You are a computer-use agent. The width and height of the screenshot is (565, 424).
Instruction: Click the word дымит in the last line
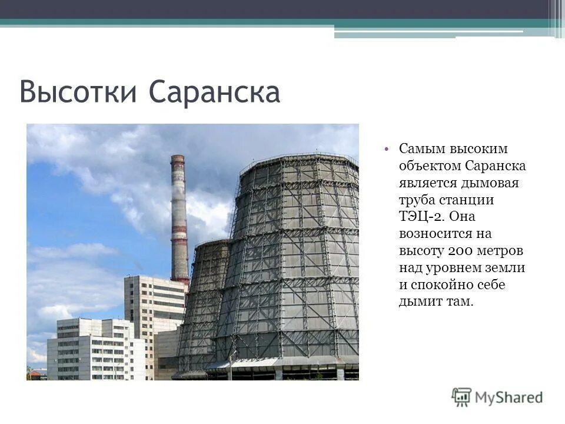pos(420,302)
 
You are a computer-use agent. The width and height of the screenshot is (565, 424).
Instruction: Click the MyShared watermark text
pos(509,397)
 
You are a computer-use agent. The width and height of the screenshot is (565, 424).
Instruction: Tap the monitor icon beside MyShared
pos(461,397)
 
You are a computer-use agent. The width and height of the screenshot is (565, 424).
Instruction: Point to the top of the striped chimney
pos(177,158)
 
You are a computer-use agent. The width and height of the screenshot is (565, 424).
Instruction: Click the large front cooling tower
pos(294,265)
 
